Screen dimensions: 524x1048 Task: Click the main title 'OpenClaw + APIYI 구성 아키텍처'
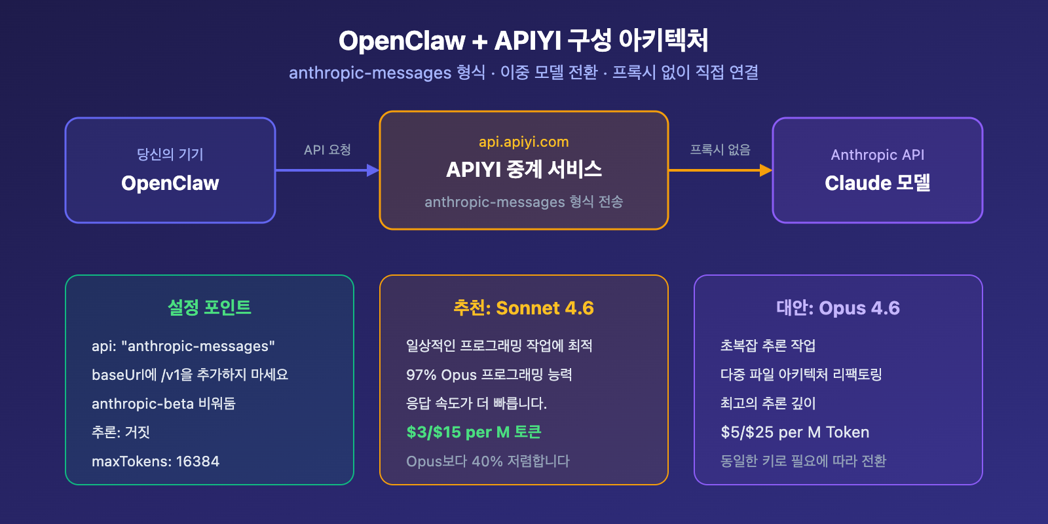(x=523, y=41)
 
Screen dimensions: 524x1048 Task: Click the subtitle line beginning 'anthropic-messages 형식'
(x=523, y=72)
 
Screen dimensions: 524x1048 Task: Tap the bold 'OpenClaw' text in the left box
(x=170, y=183)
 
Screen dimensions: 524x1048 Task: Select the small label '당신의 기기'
(x=170, y=155)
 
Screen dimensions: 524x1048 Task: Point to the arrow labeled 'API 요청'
(x=327, y=170)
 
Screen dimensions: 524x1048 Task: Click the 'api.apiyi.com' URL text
(x=523, y=142)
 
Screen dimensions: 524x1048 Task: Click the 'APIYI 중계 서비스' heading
(x=523, y=170)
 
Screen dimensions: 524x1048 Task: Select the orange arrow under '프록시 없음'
(x=720, y=170)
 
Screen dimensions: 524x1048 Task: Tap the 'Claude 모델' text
(x=877, y=183)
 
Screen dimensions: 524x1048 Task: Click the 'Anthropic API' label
(x=877, y=155)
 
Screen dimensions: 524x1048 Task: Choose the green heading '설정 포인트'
(x=209, y=307)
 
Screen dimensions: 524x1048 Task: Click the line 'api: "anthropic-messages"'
(x=183, y=346)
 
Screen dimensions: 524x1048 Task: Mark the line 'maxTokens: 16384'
(x=155, y=461)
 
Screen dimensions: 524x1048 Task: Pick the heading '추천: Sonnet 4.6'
(x=523, y=308)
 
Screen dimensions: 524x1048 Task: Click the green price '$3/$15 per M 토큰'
(x=474, y=432)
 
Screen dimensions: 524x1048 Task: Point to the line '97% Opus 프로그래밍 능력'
(x=489, y=375)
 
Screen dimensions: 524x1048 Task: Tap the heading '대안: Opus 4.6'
(x=838, y=308)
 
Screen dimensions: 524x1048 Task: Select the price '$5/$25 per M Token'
(x=795, y=432)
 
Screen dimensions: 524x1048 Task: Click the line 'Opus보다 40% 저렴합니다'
(x=487, y=461)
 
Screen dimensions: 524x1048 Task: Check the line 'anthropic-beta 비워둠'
(x=163, y=403)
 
